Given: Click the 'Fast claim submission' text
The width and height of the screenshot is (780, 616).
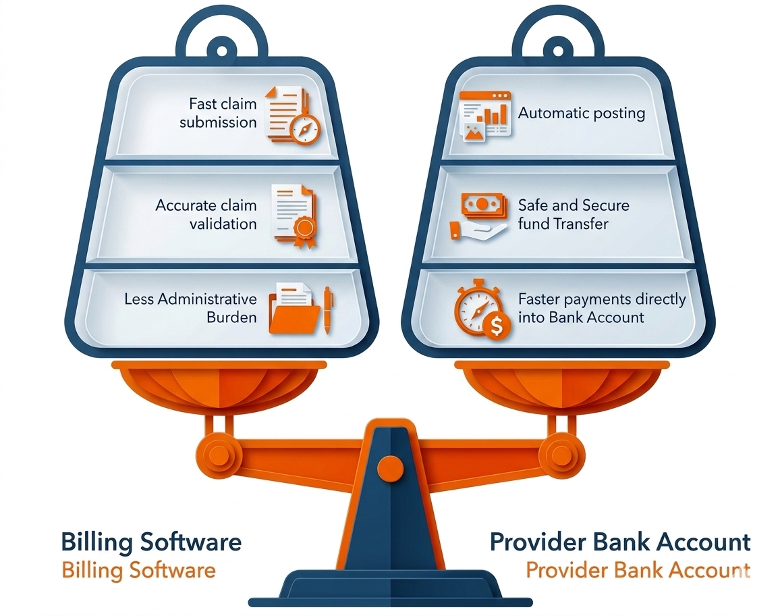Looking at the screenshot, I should [x=217, y=113].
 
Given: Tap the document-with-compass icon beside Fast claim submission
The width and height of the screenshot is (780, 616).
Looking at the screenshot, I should [x=293, y=115].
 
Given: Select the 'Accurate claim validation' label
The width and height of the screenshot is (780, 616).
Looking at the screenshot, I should [x=206, y=214].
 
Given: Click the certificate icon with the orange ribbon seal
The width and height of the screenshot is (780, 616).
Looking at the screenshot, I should [x=294, y=215].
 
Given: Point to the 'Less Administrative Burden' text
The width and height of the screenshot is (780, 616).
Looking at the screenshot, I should [x=190, y=308].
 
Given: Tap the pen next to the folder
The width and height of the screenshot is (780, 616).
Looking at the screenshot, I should [x=329, y=309].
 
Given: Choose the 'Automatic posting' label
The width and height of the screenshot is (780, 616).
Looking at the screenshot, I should [x=581, y=113].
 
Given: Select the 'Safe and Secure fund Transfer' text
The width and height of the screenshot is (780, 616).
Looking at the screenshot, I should [x=573, y=214].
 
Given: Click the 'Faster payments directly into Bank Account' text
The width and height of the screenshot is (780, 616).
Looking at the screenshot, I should [x=601, y=308].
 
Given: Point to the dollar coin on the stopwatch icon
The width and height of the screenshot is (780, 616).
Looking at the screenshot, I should [x=497, y=328].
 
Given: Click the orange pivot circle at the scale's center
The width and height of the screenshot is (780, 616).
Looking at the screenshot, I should [x=389, y=466].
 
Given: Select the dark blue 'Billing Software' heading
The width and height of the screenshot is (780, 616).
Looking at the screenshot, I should [x=150, y=542].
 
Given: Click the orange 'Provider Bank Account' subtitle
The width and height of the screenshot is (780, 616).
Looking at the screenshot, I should [x=638, y=569].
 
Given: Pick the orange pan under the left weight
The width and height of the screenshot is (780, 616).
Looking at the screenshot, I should [x=219, y=385].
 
